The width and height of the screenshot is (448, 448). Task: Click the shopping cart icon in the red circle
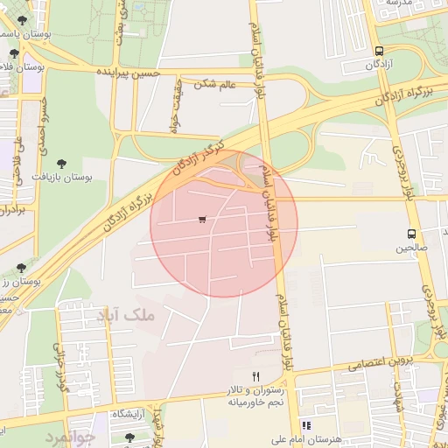click(x=202, y=220)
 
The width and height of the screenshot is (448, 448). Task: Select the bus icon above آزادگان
click(x=379, y=51)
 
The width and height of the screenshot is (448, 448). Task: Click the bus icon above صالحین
click(x=411, y=234)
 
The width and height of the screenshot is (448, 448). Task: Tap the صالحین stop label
click(x=411, y=248)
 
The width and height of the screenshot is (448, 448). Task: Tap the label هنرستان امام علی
click(x=305, y=439)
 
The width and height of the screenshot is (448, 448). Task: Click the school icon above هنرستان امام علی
click(x=305, y=425)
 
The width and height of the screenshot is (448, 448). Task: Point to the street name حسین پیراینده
click(x=128, y=72)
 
